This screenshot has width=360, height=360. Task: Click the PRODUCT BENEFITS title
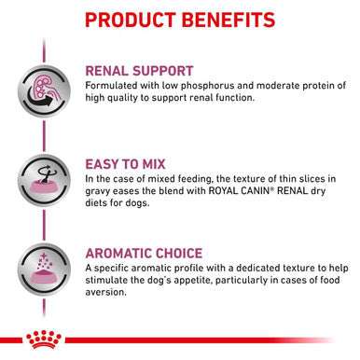180,20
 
